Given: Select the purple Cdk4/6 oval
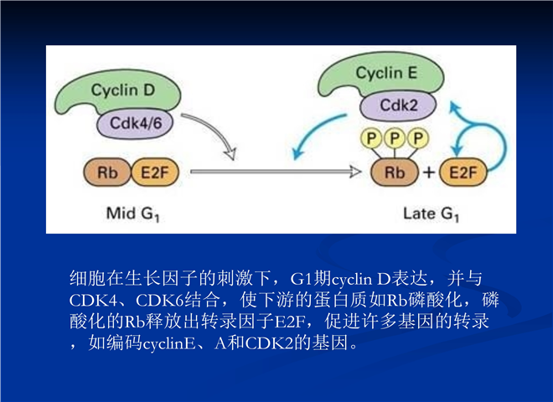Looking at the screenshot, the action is [135, 123].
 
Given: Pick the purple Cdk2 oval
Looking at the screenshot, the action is [398, 106].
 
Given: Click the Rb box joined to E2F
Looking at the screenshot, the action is [107, 173].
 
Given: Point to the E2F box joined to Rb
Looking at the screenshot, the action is [155, 173].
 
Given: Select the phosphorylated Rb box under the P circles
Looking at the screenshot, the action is [395, 173].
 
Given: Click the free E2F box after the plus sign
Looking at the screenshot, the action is [463, 173].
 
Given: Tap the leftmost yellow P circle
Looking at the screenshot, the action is [371, 138].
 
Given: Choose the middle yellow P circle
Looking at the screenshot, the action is [395, 138].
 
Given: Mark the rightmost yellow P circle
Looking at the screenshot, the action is [418, 138].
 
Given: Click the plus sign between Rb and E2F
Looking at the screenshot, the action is [429, 173].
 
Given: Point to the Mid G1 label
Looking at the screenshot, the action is [133, 214].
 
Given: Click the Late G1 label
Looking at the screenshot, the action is [431, 214].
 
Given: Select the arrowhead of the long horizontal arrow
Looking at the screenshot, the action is [355, 172].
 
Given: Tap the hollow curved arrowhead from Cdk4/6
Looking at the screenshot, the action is [230, 153].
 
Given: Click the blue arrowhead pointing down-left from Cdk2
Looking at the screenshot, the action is [298, 152].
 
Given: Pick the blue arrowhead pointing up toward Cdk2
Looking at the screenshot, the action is [455, 107].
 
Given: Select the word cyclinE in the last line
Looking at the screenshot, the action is [169, 343].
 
